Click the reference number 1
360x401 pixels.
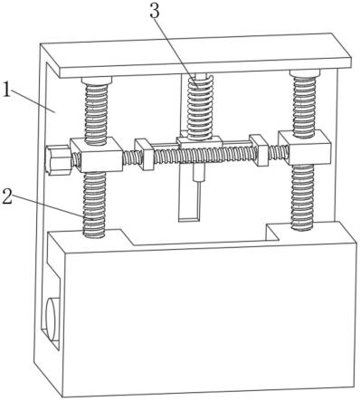coord(5,90)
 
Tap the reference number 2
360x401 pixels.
coord(6,196)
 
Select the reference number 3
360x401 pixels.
coord(155,12)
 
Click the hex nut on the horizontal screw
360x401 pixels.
coord(58,159)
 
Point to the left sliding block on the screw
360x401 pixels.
coord(96,154)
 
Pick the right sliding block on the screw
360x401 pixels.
coord(305,148)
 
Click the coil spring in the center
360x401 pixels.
coord(200,107)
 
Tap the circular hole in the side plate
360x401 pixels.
coord(53,320)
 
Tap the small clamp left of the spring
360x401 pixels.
coord(145,154)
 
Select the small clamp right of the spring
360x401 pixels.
coord(260,149)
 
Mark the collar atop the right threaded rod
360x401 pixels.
coord(305,73)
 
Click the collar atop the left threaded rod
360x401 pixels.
coord(97,81)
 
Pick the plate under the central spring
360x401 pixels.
coord(200,142)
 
